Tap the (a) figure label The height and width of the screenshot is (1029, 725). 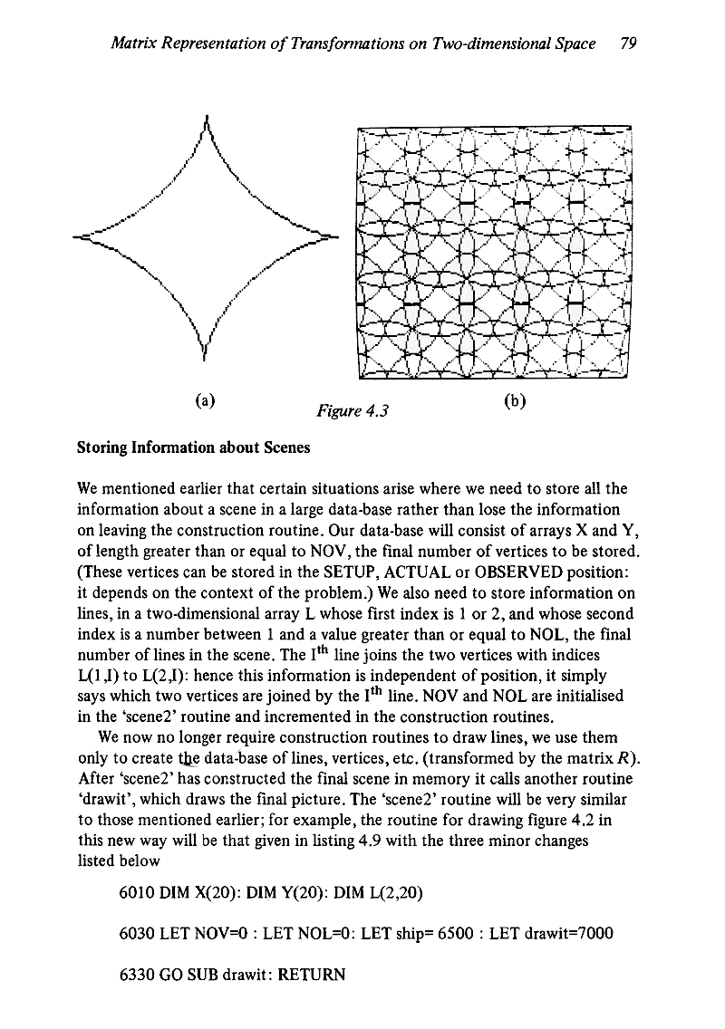[x=207, y=399]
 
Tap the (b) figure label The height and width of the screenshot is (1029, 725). [x=534, y=399]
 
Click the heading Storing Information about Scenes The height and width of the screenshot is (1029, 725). [x=194, y=447]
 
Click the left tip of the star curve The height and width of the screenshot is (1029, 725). [x=73, y=237]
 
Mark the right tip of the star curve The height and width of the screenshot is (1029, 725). [x=337, y=237]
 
